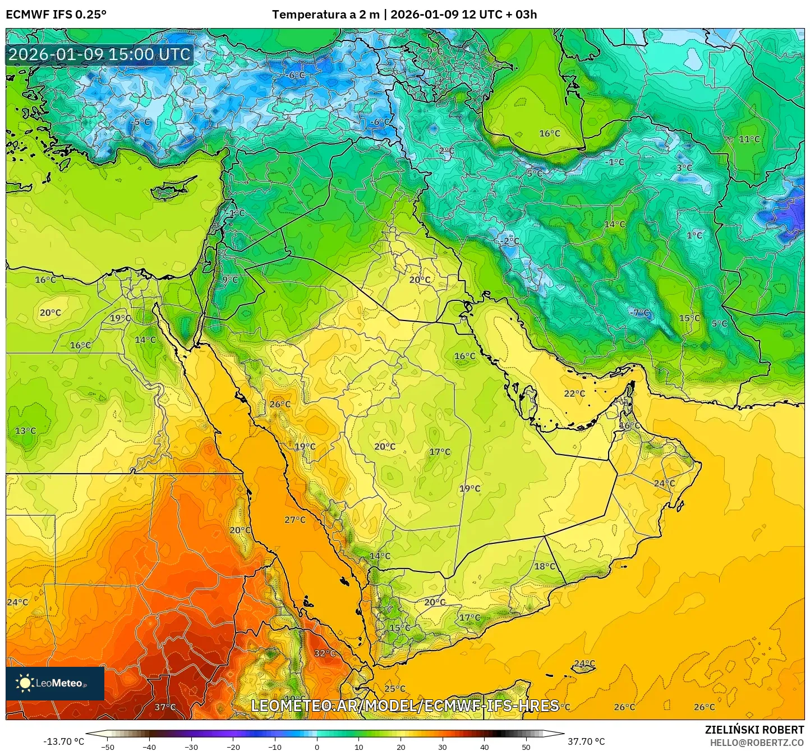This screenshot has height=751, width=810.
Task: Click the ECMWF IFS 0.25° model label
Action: [56, 15]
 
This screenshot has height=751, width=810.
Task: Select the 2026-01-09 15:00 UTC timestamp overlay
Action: [99, 54]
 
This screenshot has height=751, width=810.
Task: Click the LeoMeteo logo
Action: [54, 683]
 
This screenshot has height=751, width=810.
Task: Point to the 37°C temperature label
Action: [165, 707]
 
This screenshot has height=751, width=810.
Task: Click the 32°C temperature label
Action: [325, 653]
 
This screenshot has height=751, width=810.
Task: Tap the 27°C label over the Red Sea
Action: [295, 520]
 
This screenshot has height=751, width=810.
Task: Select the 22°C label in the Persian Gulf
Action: [574, 393]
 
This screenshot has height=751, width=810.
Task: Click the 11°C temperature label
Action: [749, 139]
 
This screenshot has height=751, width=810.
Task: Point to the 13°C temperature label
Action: [25, 431]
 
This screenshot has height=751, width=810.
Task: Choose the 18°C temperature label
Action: [545, 566]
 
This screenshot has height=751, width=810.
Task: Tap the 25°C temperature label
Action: [395, 689]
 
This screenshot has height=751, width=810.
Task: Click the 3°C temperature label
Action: [684, 168]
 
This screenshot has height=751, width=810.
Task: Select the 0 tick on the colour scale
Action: [317, 747]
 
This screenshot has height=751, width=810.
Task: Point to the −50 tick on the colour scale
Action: [107, 747]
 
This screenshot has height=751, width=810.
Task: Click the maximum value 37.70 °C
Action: [586, 741]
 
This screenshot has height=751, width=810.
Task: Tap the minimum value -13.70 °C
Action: [64, 741]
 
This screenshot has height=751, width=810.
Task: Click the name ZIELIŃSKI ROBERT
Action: [754, 730]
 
